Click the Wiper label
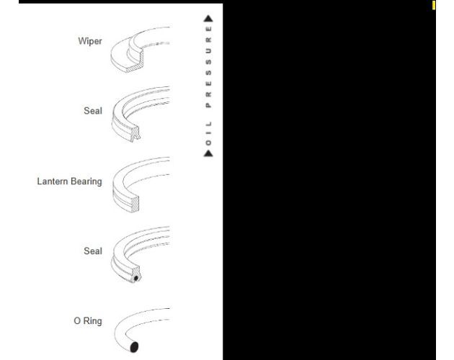click(x=90, y=41)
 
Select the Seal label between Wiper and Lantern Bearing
click(x=93, y=111)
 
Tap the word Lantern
click(x=53, y=181)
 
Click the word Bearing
click(x=86, y=181)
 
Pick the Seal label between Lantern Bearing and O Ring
click(x=93, y=251)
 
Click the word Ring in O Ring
click(x=93, y=321)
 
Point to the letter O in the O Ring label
click(x=77, y=321)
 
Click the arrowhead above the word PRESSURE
click(x=208, y=19)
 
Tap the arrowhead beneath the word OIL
click(x=208, y=153)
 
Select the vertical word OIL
click(x=208, y=133)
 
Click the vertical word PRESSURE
click(x=208, y=67)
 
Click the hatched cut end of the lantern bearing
click(x=135, y=204)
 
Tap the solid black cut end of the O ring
click(x=134, y=347)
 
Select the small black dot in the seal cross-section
click(x=136, y=279)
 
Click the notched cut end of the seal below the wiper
click(x=135, y=134)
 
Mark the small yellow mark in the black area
click(x=434, y=5)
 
